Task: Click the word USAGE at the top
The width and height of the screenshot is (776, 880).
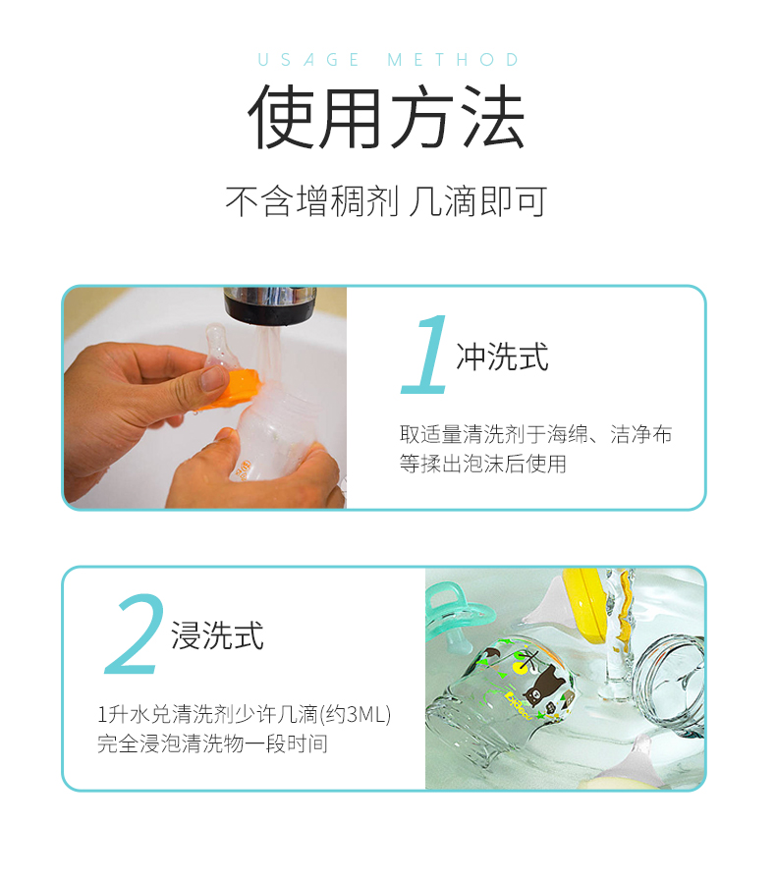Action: [308, 60]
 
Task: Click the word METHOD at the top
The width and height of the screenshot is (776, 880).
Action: [454, 60]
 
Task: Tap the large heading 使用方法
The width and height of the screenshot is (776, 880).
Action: [387, 117]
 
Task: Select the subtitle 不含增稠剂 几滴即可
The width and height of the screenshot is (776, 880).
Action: [386, 201]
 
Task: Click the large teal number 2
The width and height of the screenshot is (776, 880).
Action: [135, 633]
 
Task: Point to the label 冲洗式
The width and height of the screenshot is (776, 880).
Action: [502, 357]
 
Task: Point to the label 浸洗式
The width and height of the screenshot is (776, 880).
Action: [217, 635]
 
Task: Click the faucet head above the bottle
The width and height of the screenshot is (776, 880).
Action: [270, 305]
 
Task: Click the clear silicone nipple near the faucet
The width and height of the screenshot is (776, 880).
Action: [217, 346]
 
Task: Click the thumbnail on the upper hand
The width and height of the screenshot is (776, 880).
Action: [214, 379]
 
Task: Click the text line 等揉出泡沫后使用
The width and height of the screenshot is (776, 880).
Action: [483, 464]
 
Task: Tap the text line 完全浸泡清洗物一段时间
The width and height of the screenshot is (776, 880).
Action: [213, 743]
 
